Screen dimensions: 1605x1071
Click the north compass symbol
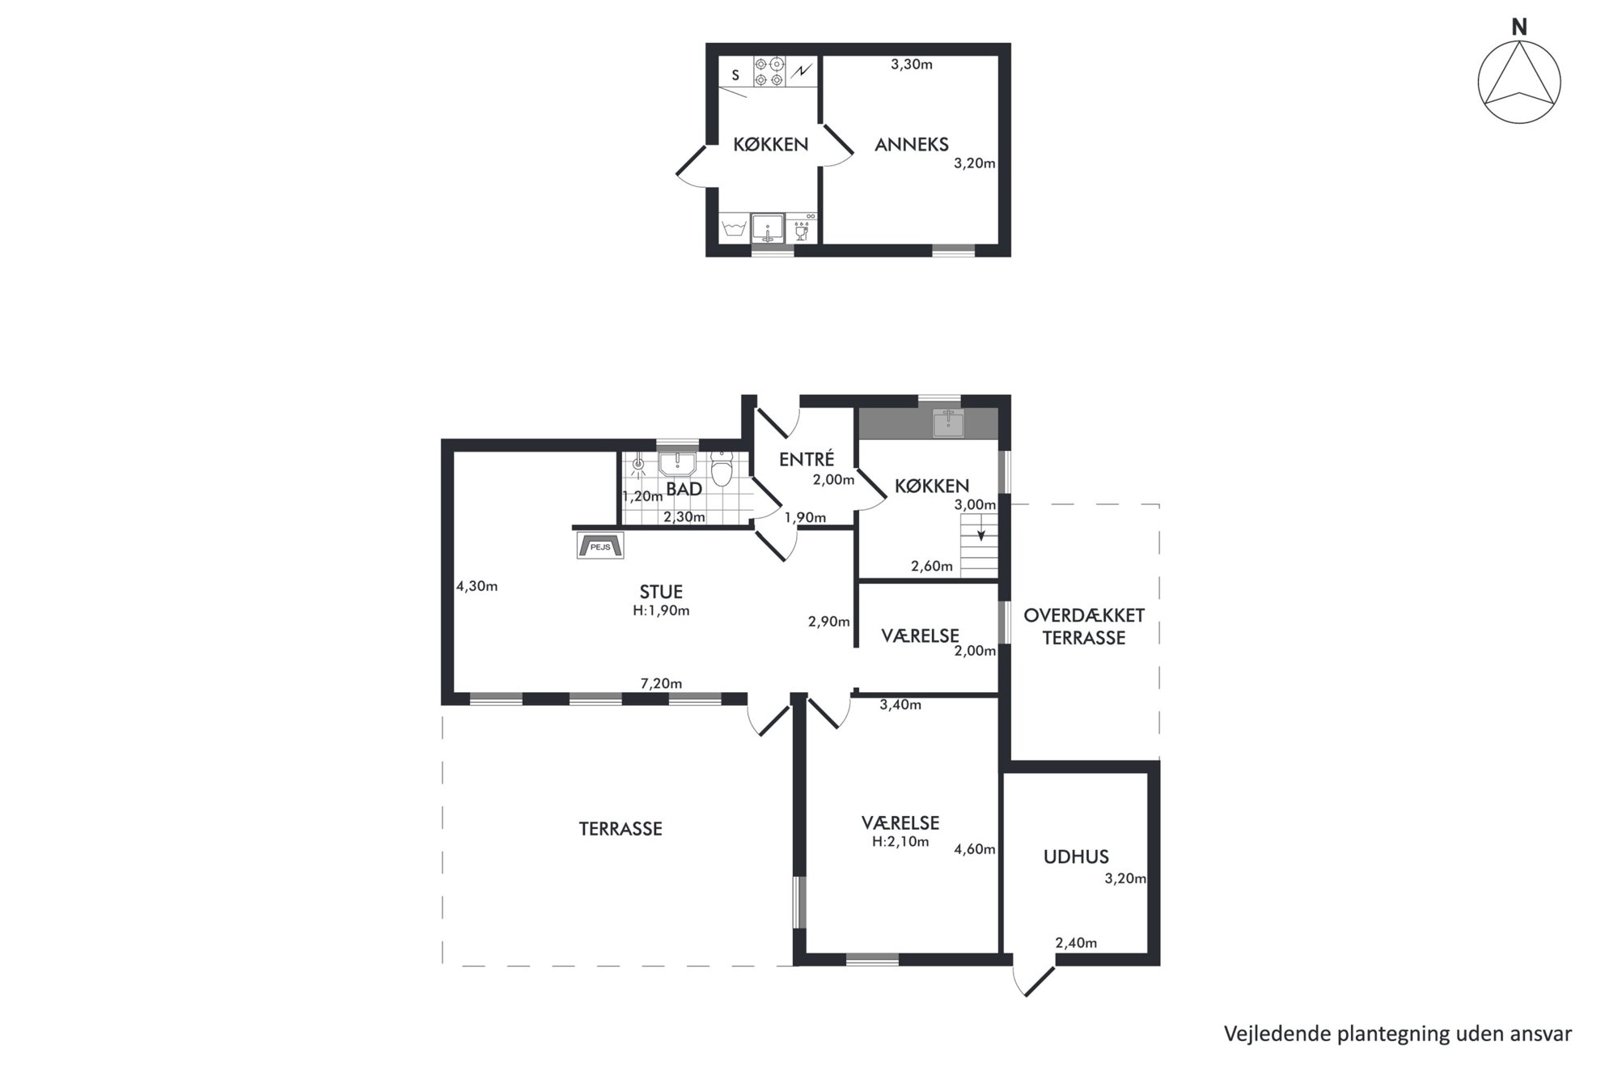tap(1518, 82)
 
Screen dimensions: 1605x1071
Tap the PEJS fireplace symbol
tap(599, 545)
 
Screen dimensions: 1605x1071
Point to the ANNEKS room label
tap(912, 145)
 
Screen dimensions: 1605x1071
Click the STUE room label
tap(661, 592)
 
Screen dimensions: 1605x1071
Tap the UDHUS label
tap(1076, 856)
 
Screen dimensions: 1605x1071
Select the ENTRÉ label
tap(806, 460)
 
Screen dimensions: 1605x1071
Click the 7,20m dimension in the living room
tap(661, 684)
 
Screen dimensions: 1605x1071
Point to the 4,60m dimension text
tap(975, 849)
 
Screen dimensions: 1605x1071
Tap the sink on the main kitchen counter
tap(948, 423)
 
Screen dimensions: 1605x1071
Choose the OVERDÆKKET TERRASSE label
tap(1084, 627)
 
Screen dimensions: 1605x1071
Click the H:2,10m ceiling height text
tap(900, 842)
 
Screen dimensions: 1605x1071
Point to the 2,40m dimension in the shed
tap(1076, 943)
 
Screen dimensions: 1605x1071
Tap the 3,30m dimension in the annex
tap(912, 65)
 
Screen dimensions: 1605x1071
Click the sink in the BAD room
tap(677, 464)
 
